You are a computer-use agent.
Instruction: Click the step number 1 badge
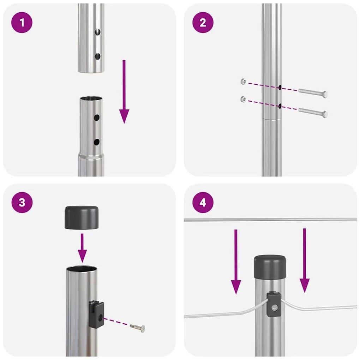point(22,23)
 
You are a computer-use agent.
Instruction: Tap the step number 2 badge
point(203,23)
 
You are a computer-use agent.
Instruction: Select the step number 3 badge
point(22,203)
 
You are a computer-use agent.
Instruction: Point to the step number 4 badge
point(203,203)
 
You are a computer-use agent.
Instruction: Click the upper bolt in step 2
point(313,92)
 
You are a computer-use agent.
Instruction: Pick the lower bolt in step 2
point(313,113)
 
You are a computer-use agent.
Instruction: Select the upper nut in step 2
point(243,82)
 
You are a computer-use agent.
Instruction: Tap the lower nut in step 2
point(243,99)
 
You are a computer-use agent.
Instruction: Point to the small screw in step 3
point(138,328)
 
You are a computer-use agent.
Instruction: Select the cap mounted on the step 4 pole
point(270,266)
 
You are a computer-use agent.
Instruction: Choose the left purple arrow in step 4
point(236,261)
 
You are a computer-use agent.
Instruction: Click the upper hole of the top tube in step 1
point(98,32)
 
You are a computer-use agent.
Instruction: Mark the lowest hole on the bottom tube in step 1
point(96,142)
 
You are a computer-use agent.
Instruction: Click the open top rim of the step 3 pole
point(82,269)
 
